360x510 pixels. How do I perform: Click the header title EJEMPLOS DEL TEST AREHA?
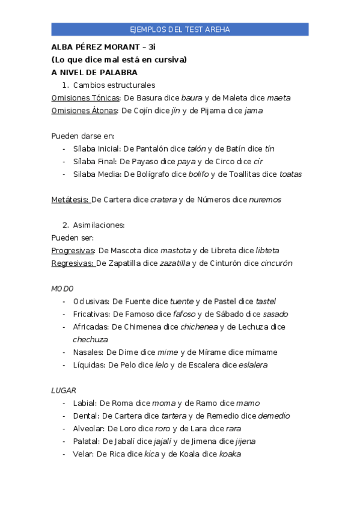point(180,29)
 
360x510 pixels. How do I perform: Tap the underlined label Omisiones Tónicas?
point(85,98)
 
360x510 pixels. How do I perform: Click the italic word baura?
point(192,98)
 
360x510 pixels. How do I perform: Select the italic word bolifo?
point(198,174)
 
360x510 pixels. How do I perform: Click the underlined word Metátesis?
point(70,200)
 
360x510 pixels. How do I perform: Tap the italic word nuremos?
point(265,200)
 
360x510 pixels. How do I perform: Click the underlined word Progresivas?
point(73,250)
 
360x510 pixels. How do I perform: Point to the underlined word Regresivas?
point(72,263)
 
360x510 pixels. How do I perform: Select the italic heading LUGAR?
point(64,390)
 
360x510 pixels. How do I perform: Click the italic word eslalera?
point(253,365)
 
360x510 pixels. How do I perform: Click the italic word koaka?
point(230,454)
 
